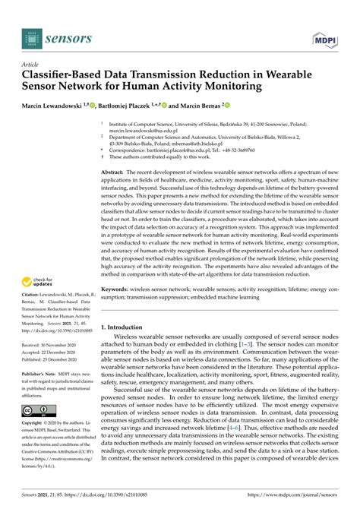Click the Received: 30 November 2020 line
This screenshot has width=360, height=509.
(x=52, y=346)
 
